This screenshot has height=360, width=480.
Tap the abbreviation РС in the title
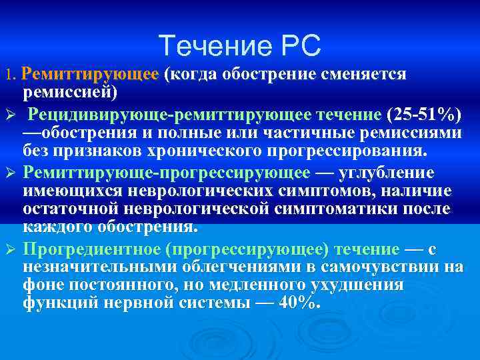(301, 46)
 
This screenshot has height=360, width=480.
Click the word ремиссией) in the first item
(70, 91)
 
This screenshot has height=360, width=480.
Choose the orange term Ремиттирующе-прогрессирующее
(167, 173)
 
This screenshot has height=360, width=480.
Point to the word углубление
(387, 173)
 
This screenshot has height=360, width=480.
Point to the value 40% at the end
(298, 303)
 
